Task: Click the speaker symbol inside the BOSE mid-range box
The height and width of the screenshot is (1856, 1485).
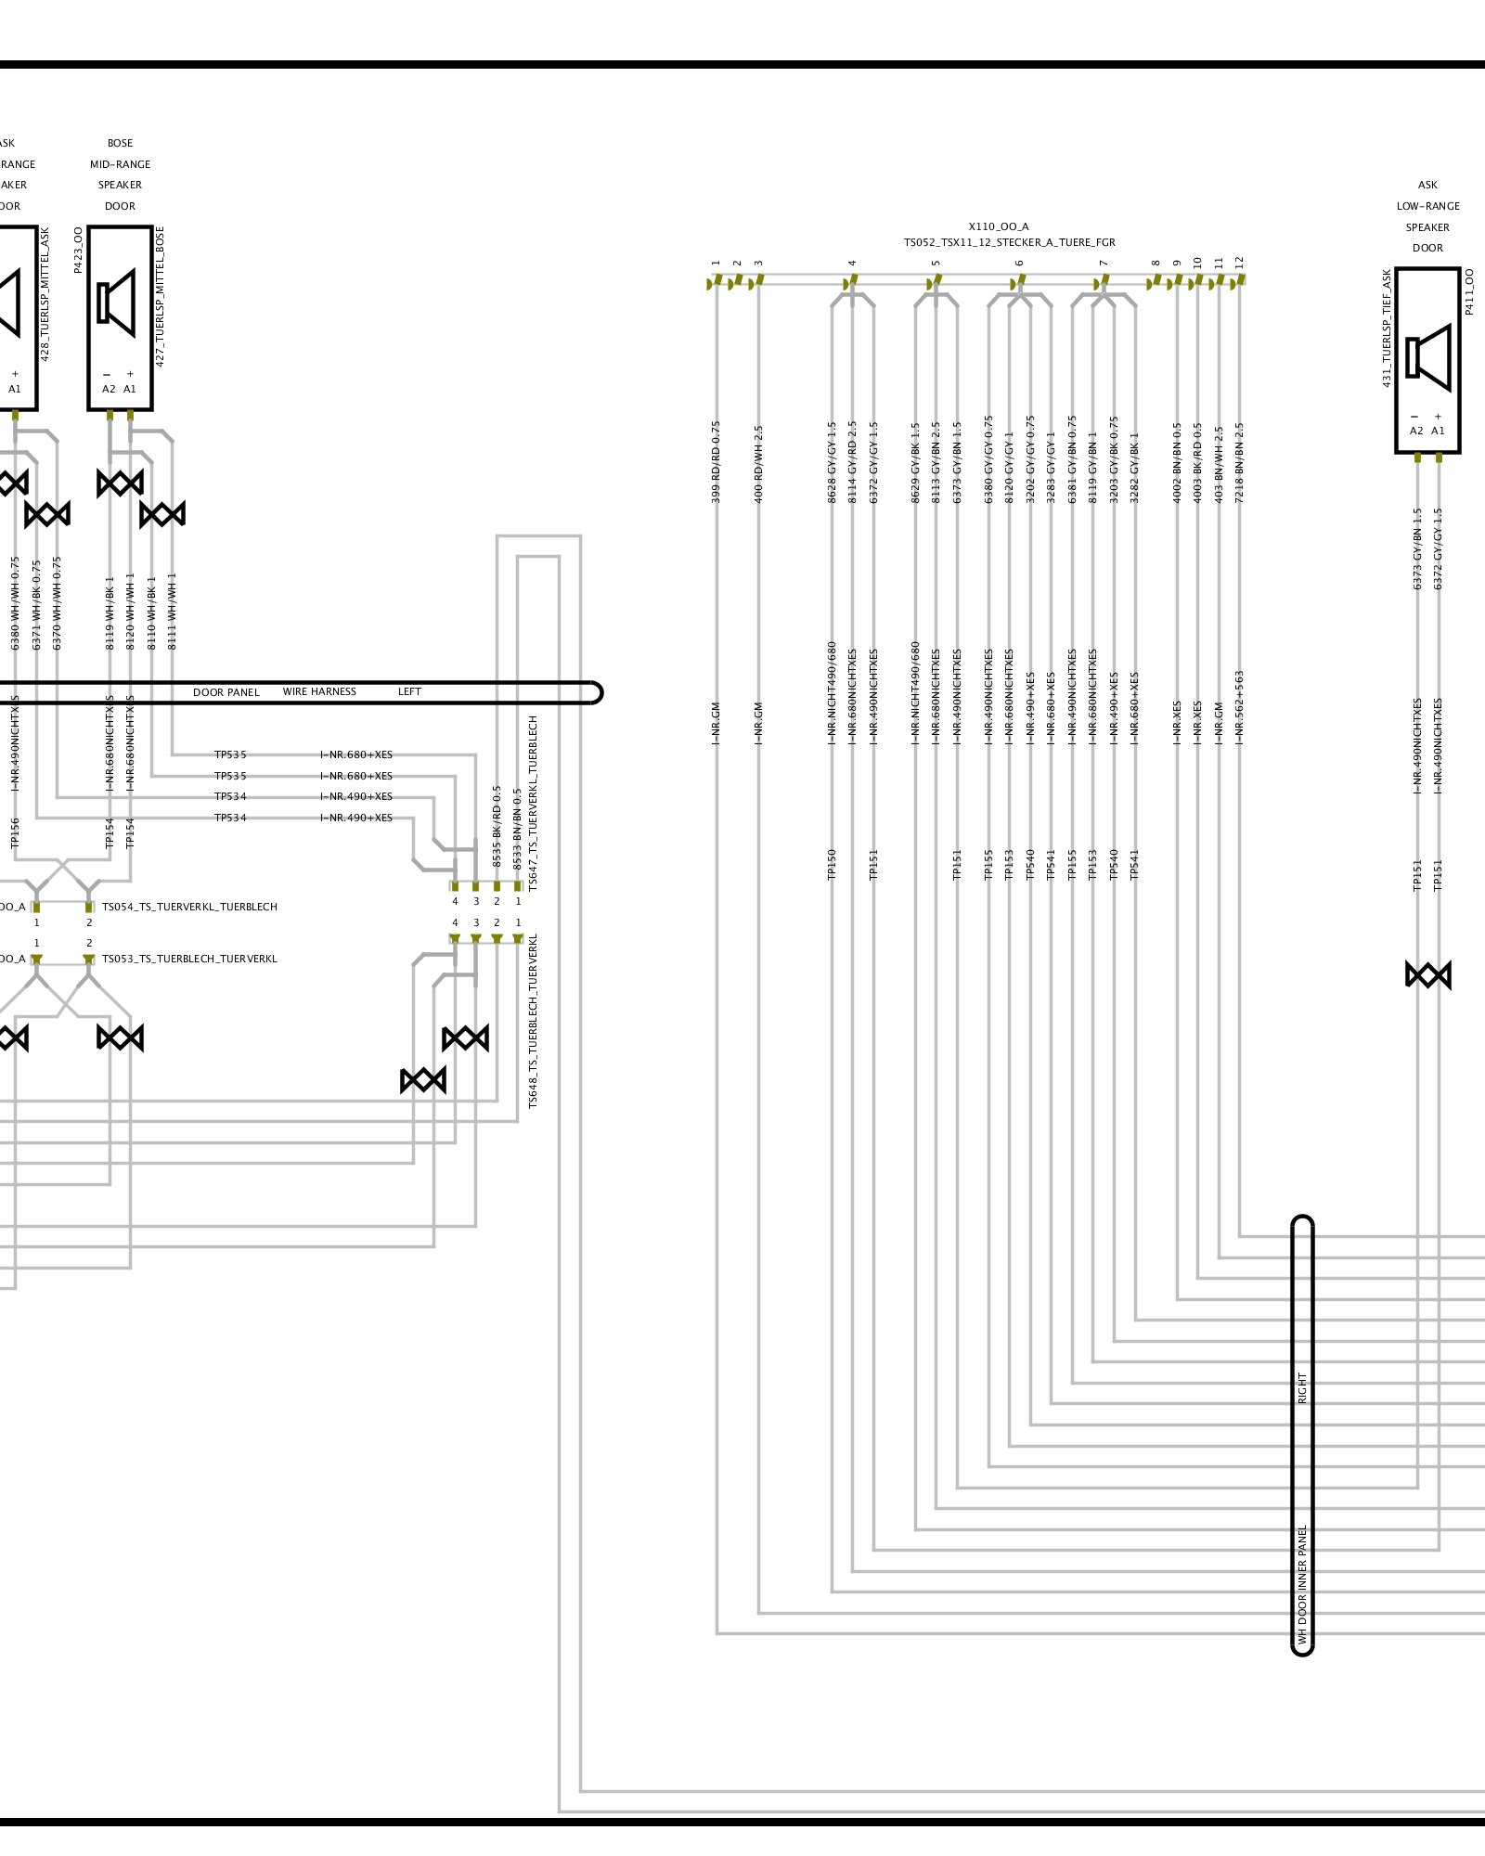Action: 117,303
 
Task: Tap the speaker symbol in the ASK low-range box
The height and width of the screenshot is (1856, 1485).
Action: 1428,357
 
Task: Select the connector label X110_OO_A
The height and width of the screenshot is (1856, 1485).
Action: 998,226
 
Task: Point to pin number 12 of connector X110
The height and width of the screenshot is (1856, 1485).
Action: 1239,264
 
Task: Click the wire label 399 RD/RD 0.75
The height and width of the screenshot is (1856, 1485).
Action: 716,462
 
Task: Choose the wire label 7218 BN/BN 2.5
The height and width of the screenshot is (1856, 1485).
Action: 1239,463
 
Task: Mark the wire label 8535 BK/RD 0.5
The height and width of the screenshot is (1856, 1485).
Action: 497,827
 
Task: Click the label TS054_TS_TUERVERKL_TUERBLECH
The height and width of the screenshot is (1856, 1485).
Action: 189,907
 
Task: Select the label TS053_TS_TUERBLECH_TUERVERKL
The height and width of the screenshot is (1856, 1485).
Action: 189,959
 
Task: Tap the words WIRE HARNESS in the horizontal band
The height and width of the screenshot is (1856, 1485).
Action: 319,691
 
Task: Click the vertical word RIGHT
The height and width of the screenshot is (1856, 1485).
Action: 1302,1388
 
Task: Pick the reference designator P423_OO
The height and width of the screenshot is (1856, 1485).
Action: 78,250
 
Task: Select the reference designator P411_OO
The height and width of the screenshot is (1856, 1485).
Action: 1469,291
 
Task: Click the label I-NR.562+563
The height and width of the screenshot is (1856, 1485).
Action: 1239,707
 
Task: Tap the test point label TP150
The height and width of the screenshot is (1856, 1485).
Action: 832,864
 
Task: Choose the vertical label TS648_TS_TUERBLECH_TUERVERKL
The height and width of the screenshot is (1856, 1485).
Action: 533,1021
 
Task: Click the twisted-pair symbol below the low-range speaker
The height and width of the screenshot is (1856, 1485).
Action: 1427,975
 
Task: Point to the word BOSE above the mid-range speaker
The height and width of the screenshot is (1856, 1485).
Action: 120,143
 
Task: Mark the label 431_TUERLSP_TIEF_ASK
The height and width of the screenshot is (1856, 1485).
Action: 1387,328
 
